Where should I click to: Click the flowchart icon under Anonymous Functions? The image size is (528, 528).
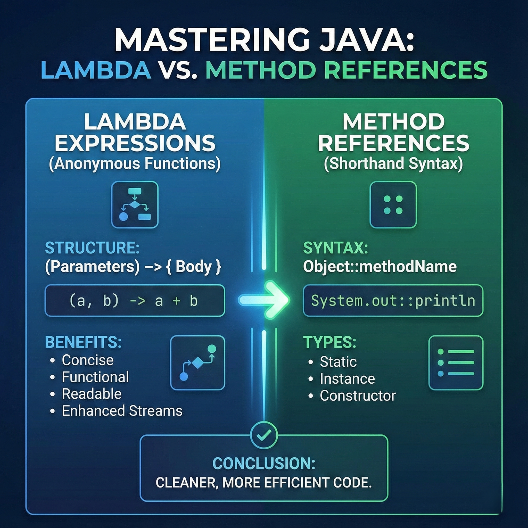(135, 205)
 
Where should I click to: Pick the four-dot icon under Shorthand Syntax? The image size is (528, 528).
(393, 205)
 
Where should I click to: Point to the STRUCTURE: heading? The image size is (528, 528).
(92, 248)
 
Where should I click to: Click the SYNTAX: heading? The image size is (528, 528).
(335, 248)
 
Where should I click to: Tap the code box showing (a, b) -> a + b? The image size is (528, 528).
(135, 301)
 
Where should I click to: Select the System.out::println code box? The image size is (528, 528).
(393, 301)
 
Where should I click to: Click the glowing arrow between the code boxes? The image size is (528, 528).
(264, 300)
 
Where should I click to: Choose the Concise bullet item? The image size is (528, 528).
(87, 360)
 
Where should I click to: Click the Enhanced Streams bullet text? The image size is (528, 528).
(122, 411)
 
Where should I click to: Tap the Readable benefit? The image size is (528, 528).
(92, 394)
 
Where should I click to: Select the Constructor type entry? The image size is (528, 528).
(358, 395)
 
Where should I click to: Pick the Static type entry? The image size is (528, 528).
(338, 362)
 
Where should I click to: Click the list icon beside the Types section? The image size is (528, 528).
(456, 362)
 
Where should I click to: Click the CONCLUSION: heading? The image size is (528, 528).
(264, 463)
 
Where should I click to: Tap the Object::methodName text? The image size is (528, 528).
(379, 267)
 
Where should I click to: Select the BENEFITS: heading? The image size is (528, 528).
(83, 342)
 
